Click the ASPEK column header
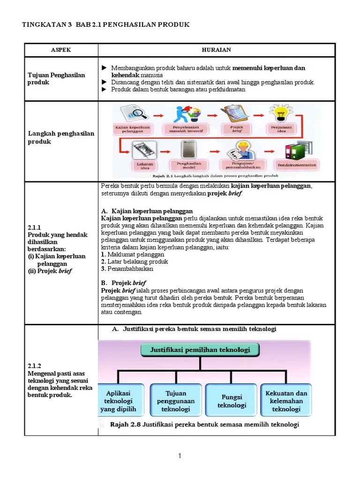[61, 50]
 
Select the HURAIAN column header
[216, 50]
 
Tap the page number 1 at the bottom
[180, 456]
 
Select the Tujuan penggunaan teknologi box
[175, 401]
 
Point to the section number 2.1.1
[35, 227]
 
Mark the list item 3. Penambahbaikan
[127, 269]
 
